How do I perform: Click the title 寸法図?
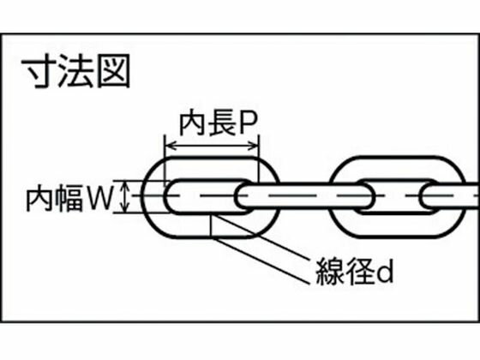76,71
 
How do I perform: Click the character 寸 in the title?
39,71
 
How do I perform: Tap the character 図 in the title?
113,71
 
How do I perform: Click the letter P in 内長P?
248,123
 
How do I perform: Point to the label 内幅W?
69,198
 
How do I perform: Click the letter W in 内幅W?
99,198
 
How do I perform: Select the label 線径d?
354,271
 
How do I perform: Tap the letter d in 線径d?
385,272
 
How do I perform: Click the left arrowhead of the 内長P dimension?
171,146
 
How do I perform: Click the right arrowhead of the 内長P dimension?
254,146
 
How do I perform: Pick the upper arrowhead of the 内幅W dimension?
125,185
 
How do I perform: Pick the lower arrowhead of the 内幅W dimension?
125,207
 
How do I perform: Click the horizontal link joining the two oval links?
304,195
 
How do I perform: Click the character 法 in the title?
76,71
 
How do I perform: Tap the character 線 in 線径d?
330,271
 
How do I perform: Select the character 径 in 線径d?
360,271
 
